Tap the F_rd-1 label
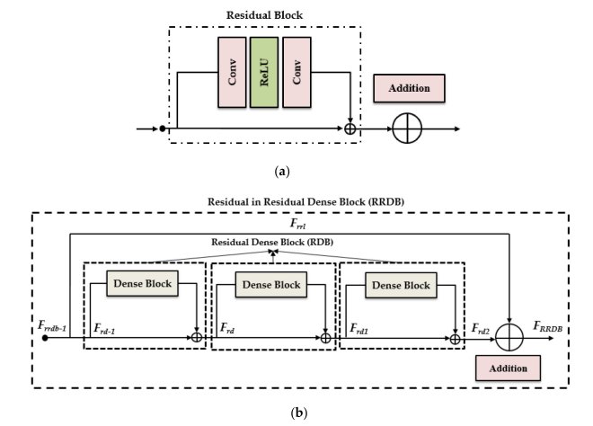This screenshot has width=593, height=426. click(x=107, y=328)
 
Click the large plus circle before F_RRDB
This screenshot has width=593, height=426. click(x=509, y=338)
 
